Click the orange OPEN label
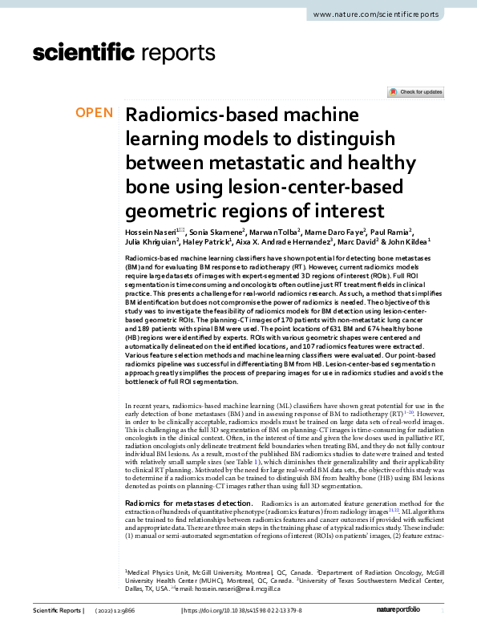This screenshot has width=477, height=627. point(94,112)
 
